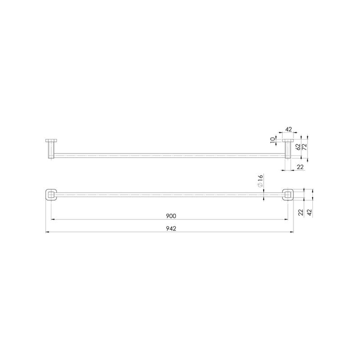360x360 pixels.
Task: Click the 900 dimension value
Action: coord(171,216)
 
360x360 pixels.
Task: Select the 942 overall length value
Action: coord(171,229)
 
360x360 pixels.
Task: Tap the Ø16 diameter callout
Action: coord(260,181)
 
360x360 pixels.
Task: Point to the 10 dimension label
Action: coord(273,140)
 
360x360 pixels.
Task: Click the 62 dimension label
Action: coord(298,147)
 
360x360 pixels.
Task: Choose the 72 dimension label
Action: coord(305,147)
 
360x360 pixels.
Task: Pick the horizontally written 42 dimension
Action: coord(288,129)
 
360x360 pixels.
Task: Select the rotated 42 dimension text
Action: coord(310,212)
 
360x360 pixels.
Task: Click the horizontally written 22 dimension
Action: coord(300,167)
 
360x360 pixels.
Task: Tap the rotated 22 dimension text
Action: coord(301,212)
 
